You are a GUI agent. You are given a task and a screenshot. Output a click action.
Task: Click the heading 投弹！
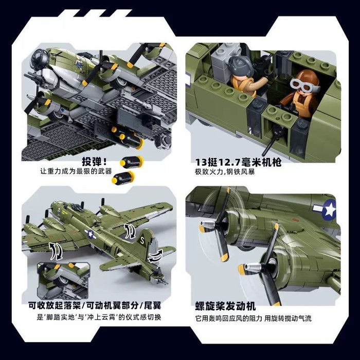94,162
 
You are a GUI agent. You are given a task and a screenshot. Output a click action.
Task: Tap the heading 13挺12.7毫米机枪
238,163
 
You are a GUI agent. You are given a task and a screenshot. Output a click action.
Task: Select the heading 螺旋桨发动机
225,307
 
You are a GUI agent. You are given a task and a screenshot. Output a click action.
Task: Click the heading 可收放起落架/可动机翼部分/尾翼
95,305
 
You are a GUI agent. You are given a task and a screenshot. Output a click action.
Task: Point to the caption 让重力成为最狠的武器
76,171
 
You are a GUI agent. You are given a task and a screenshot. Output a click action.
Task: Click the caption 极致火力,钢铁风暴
225,171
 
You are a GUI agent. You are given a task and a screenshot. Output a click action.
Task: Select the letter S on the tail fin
142,241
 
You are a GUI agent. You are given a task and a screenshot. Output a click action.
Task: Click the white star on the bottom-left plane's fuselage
91,234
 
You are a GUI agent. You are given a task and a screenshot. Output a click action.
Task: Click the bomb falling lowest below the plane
123,178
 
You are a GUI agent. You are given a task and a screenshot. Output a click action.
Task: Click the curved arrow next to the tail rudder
155,256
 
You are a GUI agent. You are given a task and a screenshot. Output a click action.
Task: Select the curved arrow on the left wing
56,251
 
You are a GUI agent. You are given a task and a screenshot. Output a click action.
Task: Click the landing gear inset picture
63,281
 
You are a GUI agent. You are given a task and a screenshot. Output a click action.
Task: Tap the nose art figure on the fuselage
79,65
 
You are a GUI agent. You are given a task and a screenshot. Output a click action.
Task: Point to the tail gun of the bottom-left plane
164,281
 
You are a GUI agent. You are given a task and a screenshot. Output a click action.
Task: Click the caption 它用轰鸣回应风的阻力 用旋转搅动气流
254,318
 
